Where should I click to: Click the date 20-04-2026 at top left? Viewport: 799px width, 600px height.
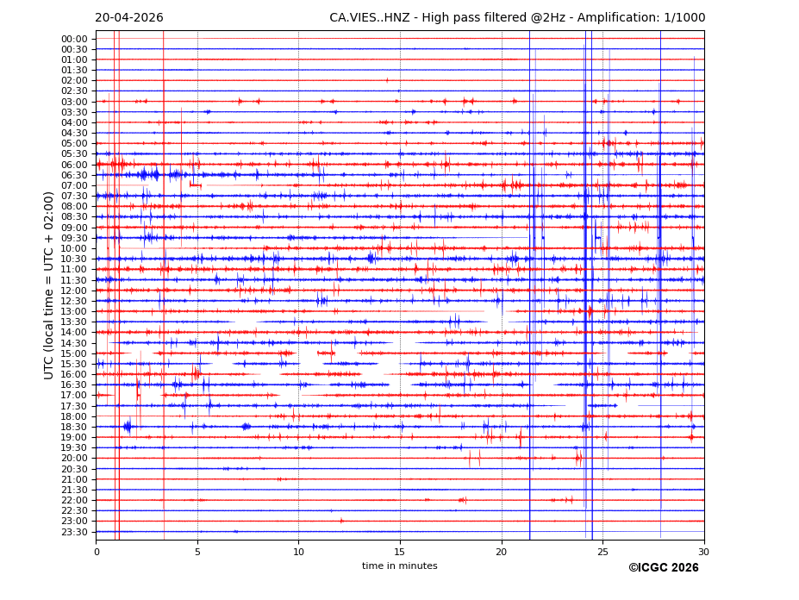(128, 18)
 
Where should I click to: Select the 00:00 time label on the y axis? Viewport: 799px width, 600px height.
(74, 39)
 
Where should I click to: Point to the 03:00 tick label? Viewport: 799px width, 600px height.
(74, 102)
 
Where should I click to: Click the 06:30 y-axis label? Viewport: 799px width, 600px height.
(74, 175)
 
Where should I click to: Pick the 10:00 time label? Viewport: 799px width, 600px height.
(74, 248)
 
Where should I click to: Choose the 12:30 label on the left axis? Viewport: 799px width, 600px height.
(74, 301)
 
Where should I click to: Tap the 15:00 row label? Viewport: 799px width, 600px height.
(74, 353)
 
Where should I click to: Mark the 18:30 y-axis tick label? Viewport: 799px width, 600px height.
(74, 427)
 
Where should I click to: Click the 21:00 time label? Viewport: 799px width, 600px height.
(74, 479)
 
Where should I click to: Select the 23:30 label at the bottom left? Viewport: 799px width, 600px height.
(74, 532)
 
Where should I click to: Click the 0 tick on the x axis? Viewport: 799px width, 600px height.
(97, 552)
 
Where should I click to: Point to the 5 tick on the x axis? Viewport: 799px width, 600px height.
(197, 552)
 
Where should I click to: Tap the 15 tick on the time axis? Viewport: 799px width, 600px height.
(400, 552)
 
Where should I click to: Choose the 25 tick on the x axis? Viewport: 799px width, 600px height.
(602, 552)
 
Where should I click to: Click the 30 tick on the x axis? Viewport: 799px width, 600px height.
(703, 552)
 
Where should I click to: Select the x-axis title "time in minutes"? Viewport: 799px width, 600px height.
(399, 566)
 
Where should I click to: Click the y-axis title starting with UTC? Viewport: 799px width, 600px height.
(49, 284)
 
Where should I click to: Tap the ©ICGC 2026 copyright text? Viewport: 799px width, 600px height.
(663, 568)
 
